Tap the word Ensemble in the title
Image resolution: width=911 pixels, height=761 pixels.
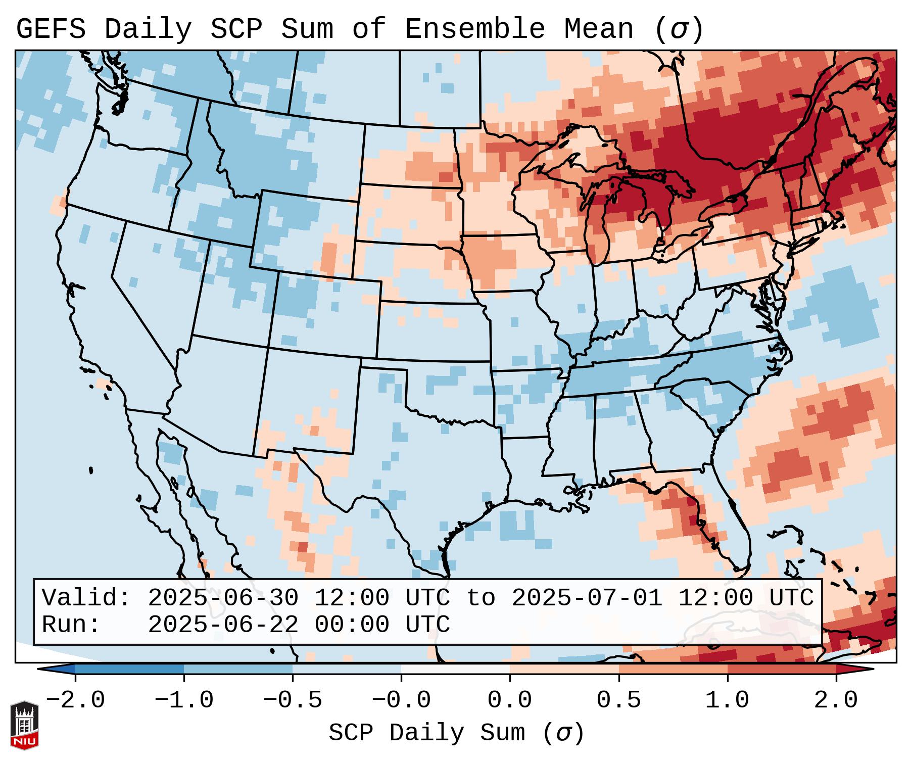click(475, 29)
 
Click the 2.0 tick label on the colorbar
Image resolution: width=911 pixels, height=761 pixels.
click(836, 700)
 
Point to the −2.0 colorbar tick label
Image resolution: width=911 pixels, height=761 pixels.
click(75, 700)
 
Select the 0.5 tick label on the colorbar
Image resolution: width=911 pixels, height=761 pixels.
click(618, 700)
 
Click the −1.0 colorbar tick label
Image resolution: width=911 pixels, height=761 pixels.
click(184, 700)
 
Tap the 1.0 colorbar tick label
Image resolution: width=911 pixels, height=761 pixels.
click(727, 700)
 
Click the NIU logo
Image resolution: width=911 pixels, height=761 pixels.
click(24, 725)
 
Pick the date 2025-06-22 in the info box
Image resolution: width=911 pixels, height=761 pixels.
click(223, 625)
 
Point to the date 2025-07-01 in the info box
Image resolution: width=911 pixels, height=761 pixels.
click(587, 598)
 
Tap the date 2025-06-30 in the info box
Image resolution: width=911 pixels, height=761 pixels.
click(223, 598)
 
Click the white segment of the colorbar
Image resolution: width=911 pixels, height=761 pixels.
click(455, 669)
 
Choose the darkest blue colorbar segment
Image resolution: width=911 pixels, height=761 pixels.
click(129, 669)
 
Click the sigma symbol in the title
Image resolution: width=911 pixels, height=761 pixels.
click(679, 29)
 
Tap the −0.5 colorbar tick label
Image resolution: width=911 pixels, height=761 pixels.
click(293, 700)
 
